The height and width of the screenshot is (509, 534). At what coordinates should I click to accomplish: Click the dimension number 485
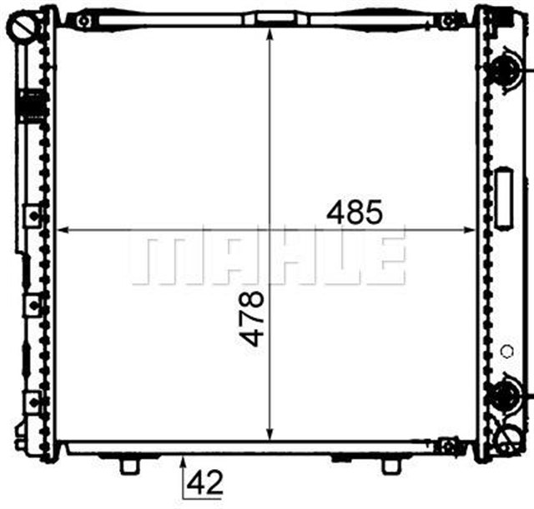point(355,212)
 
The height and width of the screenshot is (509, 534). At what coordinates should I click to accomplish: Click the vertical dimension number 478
point(252,318)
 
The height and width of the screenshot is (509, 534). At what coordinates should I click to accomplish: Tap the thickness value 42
point(205,482)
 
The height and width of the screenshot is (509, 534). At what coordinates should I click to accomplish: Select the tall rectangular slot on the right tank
point(504,198)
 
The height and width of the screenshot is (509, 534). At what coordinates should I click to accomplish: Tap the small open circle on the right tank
point(507,352)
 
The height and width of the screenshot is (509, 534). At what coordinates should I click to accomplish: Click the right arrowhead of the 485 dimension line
point(469,230)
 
